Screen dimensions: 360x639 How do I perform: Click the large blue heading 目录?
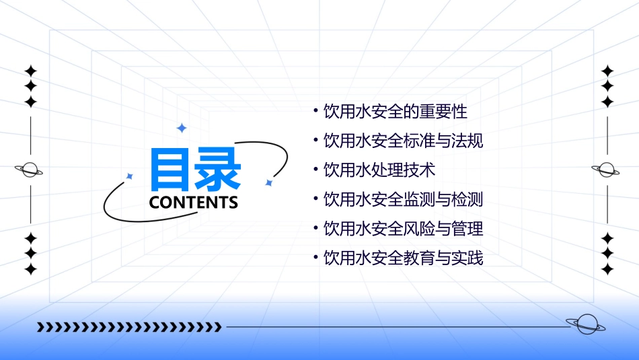[195, 169]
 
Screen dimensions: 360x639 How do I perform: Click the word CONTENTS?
[194, 203]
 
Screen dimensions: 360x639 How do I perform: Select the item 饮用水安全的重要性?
[395, 111]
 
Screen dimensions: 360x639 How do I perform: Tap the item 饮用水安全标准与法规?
[403, 141]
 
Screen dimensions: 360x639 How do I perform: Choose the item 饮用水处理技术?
[379, 170]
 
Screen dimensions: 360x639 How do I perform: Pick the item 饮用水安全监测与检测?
[403, 199]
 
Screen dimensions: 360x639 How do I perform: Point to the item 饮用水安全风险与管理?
[403, 229]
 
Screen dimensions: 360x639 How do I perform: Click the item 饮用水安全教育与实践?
[403, 258]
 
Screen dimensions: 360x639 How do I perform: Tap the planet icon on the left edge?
[30, 170]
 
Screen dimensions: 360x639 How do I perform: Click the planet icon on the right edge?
[606, 170]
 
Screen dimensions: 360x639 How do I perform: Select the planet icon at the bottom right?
[585, 325]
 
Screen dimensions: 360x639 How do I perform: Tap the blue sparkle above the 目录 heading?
[181, 128]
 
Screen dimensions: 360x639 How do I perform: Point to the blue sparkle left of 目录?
[130, 176]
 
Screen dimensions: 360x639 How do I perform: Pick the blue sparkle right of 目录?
[268, 182]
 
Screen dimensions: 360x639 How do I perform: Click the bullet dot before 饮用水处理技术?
[316, 170]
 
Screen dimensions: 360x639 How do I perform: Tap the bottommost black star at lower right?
[607, 269]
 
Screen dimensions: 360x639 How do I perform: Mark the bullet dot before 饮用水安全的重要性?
[316, 110]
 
